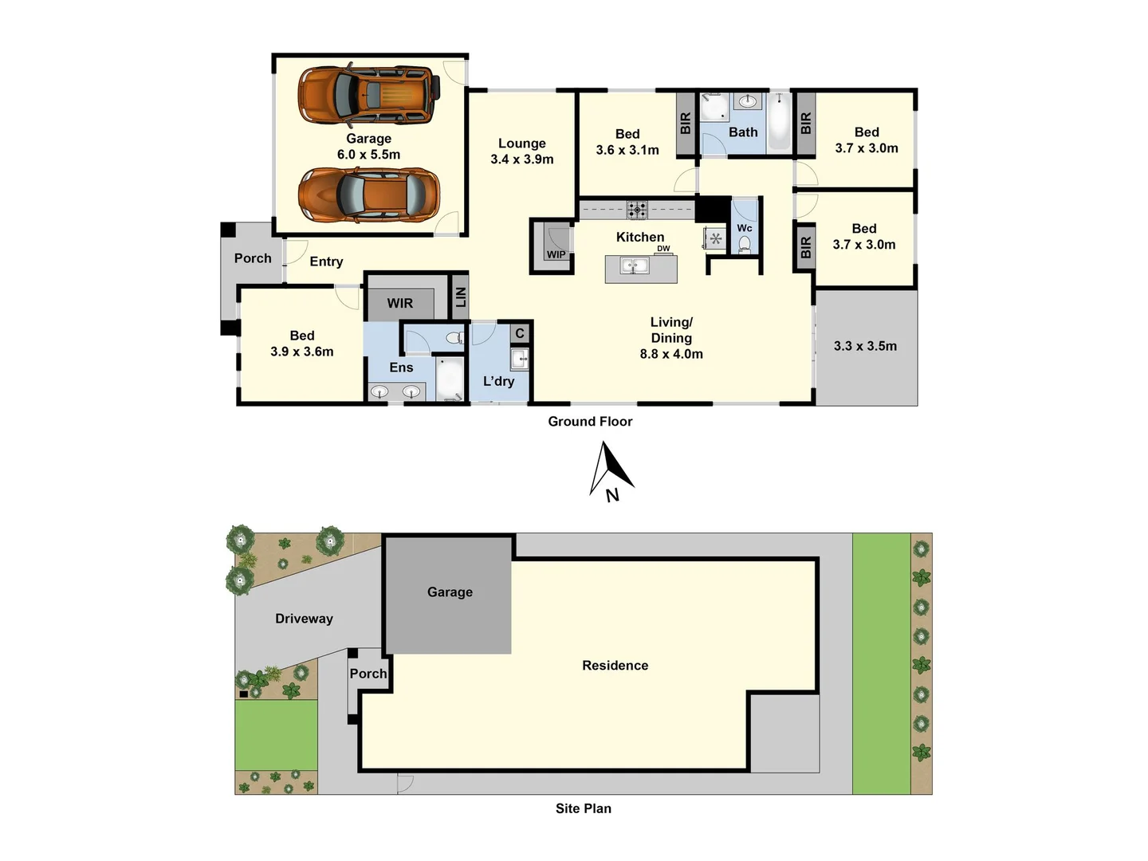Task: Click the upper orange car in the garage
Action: (368, 95)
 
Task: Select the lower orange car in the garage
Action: (368, 194)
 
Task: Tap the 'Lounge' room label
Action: (522, 143)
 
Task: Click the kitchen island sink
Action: (635, 265)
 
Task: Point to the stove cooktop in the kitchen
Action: (636, 210)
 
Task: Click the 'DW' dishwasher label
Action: (663, 249)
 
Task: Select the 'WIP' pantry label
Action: (556, 255)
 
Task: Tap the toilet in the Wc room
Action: (745, 244)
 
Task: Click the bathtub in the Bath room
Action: (779, 123)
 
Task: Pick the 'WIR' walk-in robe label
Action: (400, 303)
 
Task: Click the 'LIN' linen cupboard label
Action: (460, 297)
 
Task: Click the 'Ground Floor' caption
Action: (590, 422)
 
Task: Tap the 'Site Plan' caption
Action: (584, 808)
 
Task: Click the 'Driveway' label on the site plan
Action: (304, 619)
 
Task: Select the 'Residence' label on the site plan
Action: (615, 666)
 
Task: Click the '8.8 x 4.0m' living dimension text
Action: (671, 354)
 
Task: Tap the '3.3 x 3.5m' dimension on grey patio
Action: (865, 346)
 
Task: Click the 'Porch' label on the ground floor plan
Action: (253, 258)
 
